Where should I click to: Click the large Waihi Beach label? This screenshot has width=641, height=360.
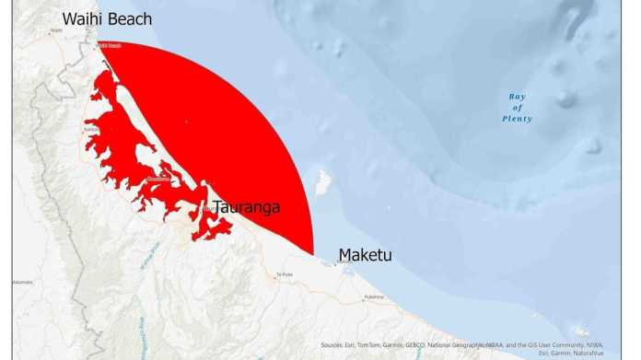point(107,18)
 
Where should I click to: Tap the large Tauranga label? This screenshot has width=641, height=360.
point(246,207)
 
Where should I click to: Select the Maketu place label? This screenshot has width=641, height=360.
point(365,254)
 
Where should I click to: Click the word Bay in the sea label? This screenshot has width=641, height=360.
point(518,97)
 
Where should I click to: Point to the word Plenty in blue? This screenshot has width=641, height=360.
point(517,119)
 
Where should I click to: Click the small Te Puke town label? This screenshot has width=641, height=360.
point(284,274)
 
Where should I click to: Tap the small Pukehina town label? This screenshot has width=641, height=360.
point(373,296)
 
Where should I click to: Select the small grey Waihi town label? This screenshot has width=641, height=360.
point(56,30)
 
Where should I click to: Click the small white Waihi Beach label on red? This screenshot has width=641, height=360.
point(110,45)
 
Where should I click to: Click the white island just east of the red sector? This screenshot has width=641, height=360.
point(323,181)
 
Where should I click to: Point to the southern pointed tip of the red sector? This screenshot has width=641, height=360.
point(312,252)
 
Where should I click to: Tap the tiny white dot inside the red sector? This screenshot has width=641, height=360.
point(186,121)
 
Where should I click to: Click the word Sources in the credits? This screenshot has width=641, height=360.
point(334,345)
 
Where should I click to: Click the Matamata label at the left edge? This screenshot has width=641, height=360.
point(22,282)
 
